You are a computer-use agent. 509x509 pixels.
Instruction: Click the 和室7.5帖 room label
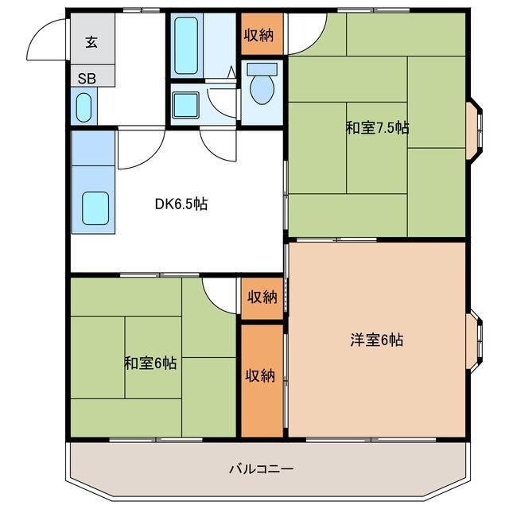click(377, 126)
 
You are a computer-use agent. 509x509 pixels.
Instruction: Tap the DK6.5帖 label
click(181, 204)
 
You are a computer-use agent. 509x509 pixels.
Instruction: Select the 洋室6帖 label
click(377, 340)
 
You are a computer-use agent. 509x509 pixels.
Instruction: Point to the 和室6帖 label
click(150, 363)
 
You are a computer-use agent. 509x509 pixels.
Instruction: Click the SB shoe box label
click(85, 79)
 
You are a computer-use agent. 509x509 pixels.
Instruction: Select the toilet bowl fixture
click(261, 87)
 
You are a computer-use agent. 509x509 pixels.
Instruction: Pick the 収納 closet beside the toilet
click(261, 34)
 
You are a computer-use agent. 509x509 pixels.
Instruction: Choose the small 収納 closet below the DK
click(261, 297)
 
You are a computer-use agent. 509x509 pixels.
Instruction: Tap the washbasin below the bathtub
click(186, 104)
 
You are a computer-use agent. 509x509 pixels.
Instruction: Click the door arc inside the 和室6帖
click(219, 293)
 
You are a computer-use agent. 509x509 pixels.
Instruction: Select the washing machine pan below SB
click(85, 106)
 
